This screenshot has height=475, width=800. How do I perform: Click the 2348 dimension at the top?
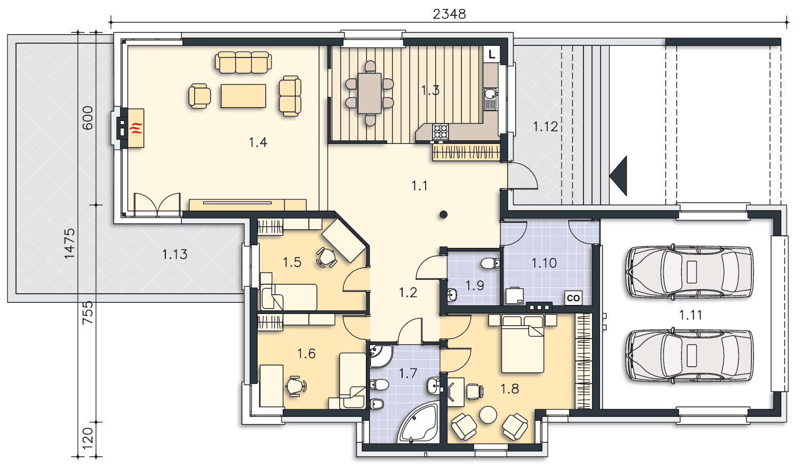449,14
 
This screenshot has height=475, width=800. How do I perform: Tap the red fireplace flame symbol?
137,128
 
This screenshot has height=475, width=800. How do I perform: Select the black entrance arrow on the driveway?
618,176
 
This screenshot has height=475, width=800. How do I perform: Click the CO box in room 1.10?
573,297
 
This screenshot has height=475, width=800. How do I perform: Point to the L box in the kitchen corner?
492,54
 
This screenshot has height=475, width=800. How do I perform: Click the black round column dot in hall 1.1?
444,214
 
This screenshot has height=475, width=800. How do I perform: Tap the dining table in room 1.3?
370,93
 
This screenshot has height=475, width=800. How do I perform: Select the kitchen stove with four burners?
441,131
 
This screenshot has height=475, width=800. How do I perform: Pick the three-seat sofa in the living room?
243,62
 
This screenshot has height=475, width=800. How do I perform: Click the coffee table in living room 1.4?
243,95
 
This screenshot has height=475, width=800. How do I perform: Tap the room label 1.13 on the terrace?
174,254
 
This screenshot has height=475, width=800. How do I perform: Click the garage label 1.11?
690,315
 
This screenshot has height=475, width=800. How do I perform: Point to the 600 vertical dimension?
87,118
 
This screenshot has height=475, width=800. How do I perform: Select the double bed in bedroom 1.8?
523,344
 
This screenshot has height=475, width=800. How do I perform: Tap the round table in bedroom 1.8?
488,415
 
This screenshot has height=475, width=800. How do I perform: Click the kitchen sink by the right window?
490,99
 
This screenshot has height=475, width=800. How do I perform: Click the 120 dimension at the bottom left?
87,440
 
